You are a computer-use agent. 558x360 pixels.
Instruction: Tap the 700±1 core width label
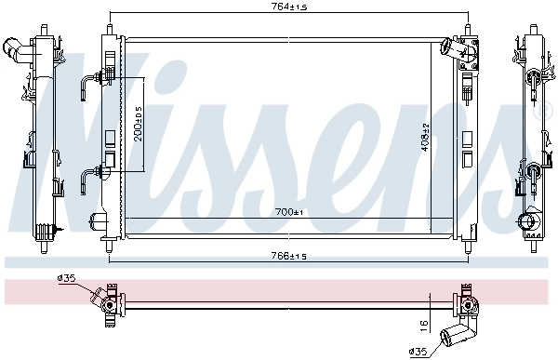click(288, 213)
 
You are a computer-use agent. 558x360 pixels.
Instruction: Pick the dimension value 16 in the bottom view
click(424, 325)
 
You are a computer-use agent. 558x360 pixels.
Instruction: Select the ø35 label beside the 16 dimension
click(418, 352)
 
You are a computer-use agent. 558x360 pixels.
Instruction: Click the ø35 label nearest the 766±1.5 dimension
click(66, 277)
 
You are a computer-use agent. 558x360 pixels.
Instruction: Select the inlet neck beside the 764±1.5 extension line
click(453, 46)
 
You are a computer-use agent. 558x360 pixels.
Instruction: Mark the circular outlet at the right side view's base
click(529, 224)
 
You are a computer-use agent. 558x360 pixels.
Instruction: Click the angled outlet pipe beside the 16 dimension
click(457, 335)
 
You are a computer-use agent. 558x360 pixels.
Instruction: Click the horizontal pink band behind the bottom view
click(279, 290)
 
